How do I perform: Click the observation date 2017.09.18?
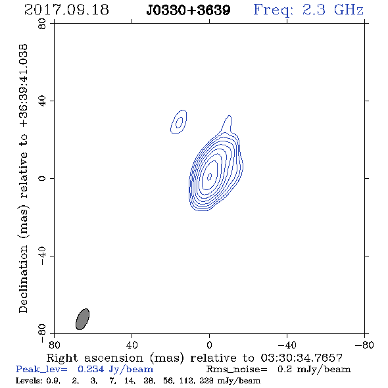click(66, 10)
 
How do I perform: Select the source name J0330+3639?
click(188, 11)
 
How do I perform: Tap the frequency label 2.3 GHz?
click(333, 10)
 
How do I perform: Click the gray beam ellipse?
click(82, 319)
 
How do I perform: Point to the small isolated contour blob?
click(179, 122)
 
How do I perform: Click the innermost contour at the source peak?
click(209, 177)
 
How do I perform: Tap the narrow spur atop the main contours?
click(227, 124)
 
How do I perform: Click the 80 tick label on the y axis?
click(42, 24)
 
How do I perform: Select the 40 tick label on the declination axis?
click(42, 101)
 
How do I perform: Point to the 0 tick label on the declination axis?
click(42, 178)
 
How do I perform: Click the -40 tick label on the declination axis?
click(42, 256)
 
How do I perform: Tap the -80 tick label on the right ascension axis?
click(364, 345)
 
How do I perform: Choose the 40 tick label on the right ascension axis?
click(132, 345)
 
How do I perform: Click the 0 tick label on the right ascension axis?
click(209, 345)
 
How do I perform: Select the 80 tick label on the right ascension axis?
click(54, 345)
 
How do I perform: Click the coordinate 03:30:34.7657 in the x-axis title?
click(302, 358)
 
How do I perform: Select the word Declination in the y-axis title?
click(23, 279)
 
